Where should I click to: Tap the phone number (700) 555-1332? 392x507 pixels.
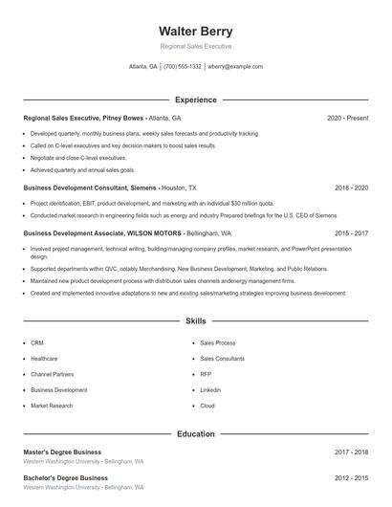coord(183,67)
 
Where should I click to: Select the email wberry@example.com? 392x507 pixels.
coord(234,67)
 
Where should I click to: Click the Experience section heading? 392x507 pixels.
coord(195,99)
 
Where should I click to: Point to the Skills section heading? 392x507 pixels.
coord(195,320)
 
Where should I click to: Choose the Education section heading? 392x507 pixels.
coord(195,433)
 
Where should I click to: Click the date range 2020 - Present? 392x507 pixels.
coord(347,118)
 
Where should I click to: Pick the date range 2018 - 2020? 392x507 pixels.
coord(351,188)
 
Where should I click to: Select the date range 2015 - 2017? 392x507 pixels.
coord(351,232)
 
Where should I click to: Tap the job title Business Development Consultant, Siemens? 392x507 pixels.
coord(90,188)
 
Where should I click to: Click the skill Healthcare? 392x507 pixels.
coord(44,358)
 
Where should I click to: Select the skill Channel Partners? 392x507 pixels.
coord(52,374)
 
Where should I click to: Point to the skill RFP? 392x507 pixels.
coord(206,374)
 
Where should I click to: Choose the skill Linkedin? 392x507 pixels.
coord(210,390)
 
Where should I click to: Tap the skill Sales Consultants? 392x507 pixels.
coord(222,358)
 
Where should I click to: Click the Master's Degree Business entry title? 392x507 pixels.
coord(62,452)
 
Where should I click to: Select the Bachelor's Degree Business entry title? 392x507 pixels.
coord(65,477)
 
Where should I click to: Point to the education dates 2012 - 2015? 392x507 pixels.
coord(351,477)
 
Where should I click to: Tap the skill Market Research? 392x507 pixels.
coord(52,406)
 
